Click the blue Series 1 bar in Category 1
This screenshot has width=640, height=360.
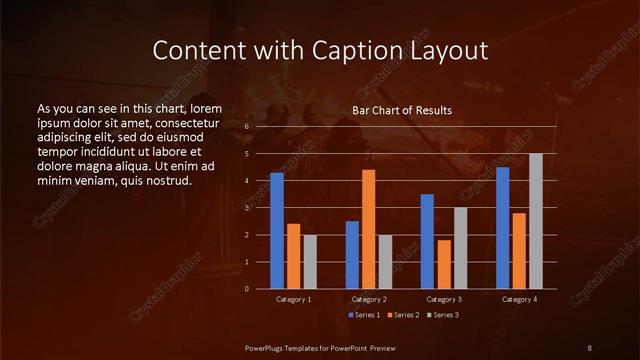click(x=277, y=230)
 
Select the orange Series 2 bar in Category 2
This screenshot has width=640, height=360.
click(x=369, y=229)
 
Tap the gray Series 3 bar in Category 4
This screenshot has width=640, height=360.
click(x=536, y=221)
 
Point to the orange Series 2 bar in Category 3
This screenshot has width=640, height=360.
click(x=444, y=264)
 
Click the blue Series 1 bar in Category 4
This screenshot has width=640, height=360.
click(x=502, y=227)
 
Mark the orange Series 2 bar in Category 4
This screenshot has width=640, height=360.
click(x=519, y=250)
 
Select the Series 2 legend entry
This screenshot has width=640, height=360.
click(x=404, y=315)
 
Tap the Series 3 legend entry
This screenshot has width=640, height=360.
click(x=444, y=315)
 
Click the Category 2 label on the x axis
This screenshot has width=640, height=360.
click(x=369, y=299)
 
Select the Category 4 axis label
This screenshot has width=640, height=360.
click(x=519, y=299)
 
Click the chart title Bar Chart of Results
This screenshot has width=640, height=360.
click(x=402, y=110)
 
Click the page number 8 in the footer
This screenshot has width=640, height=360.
click(x=590, y=347)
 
